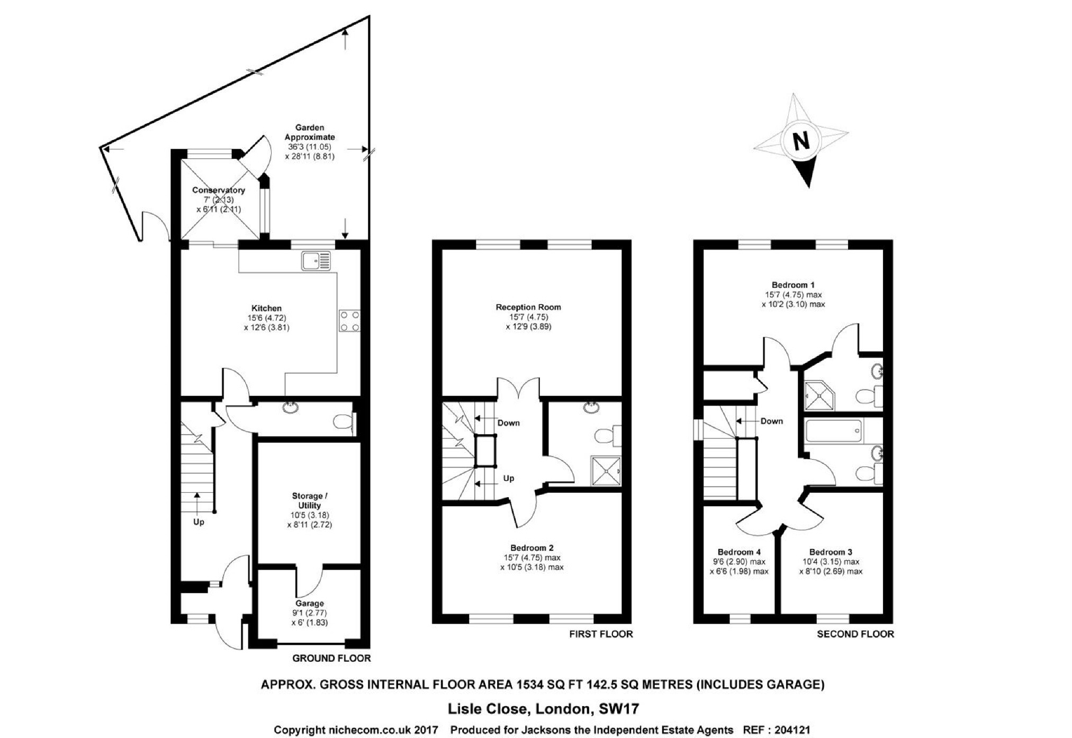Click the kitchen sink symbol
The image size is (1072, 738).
tap(316, 261)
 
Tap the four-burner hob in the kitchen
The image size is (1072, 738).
tap(349, 321)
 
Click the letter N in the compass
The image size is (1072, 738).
tap(801, 141)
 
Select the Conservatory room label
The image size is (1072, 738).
tap(219, 190)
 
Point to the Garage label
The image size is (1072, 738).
tap(310, 604)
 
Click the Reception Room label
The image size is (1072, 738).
tap(528, 307)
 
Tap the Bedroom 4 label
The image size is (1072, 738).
tap(739, 552)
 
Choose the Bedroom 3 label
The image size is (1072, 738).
tap(831, 552)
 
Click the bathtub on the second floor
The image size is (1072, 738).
tap(834, 431)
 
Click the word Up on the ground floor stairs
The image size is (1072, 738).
tap(199, 522)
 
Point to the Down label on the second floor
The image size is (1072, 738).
tap(772, 421)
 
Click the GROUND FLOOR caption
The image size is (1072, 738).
tap(331, 659)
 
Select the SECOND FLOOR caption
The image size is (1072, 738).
tap(855, 634)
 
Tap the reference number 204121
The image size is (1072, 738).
tap(792, 730)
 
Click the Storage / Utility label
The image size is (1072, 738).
tap(310, 501)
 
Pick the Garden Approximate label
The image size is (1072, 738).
tap(310, 132)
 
